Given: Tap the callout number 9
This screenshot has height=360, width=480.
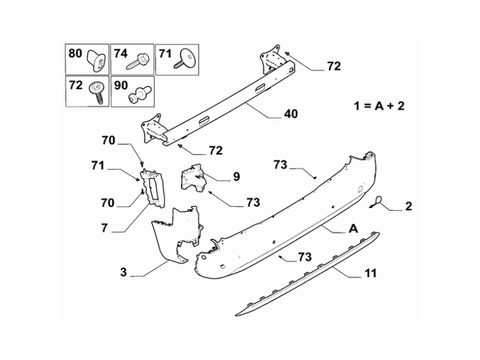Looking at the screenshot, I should pos(236,176).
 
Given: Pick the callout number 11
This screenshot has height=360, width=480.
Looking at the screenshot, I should pos(370,274).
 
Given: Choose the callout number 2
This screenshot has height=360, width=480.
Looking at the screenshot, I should pos(409,207).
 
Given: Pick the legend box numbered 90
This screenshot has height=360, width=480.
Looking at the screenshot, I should pos(131,91).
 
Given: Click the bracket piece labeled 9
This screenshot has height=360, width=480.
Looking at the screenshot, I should pos(193,175).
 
